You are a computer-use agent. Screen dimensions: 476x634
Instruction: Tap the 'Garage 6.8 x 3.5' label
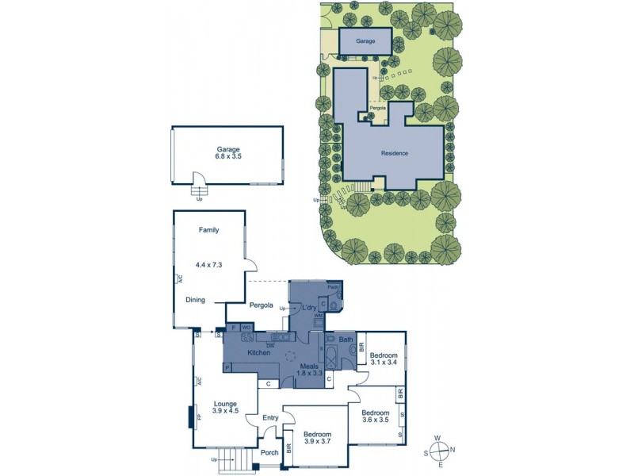pos(227,153)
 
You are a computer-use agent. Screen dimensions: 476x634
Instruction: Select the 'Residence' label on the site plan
pos(394,153)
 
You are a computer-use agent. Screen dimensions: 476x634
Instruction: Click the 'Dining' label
pos(196,300)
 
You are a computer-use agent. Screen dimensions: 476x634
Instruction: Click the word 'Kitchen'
pos(260,352)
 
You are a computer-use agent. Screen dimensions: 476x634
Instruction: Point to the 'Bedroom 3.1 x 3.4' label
pos(384,359)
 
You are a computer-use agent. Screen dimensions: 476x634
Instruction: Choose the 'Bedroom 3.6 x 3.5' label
pos(375,418)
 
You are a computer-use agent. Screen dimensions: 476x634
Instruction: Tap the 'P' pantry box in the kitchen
pos(227,368)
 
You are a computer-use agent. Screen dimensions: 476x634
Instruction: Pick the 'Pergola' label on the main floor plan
pos(261,305)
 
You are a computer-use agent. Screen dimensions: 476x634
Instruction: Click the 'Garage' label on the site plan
pos(365,40)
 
